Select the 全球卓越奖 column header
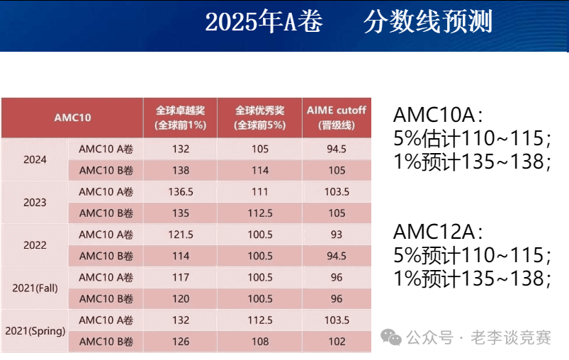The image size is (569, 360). click(180, 118)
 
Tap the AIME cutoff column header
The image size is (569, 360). click(337, 118)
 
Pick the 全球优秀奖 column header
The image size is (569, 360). click(259, 118)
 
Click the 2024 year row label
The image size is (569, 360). click(35, 159)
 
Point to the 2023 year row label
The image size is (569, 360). click(35, 202)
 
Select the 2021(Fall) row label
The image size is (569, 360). click(35, 288)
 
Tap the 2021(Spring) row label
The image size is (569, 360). click(35, 330)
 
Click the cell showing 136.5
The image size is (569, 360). click(180, 191)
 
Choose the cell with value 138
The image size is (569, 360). click(180, 170)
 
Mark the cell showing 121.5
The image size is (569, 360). click(180, 235)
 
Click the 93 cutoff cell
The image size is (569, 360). click(337, 235)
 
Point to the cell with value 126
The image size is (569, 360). click(180, 342)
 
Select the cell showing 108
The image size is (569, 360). click(259, 342)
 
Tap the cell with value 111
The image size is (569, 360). click(259, 191)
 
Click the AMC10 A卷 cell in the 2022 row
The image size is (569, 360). click(106, 235)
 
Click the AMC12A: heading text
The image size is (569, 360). click(438, 232)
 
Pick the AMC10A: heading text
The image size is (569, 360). click(438, 115)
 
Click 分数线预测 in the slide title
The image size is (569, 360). click(427, 22)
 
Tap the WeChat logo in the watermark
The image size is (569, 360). click(390, 337)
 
